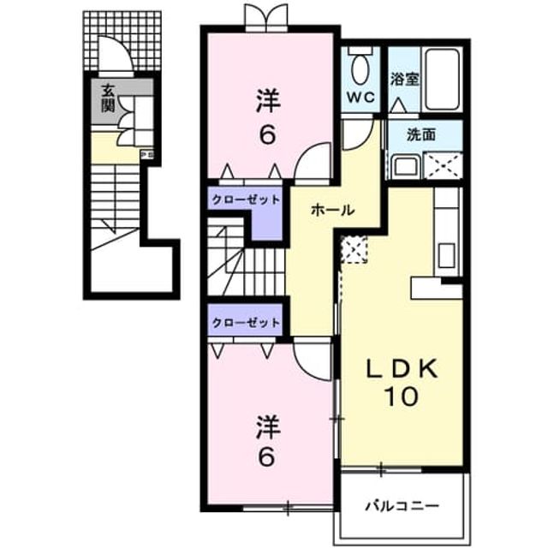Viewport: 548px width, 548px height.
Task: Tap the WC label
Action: pos(360,97)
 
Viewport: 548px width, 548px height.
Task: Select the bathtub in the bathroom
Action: pos(443,79)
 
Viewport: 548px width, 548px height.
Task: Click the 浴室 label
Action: pos(404,79)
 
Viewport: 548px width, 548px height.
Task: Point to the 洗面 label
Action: pos(420,134)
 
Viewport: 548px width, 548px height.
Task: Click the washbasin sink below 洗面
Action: pos(405,167)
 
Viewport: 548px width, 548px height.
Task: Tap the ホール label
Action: pos(333,210)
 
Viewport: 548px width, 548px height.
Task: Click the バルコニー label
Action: pos(402,506)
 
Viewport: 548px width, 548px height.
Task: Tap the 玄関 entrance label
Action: pos(108,99)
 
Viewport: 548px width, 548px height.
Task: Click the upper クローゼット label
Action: pos(246,200)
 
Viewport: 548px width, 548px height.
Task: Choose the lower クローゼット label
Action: pos(246,322)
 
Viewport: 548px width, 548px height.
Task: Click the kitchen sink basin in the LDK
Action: pos(446,255)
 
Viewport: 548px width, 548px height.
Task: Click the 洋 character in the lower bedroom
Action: pos(268,426)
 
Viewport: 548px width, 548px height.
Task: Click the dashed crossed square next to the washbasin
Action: pos(443,165)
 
